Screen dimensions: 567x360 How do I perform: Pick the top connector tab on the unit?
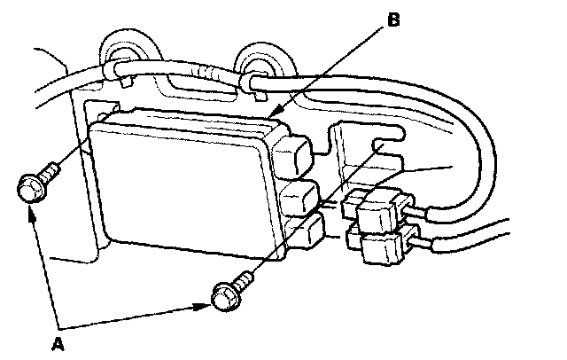[292, 153]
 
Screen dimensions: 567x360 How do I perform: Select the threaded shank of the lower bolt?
[243, 279]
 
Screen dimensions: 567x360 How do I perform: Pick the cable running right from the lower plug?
[478, 238]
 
